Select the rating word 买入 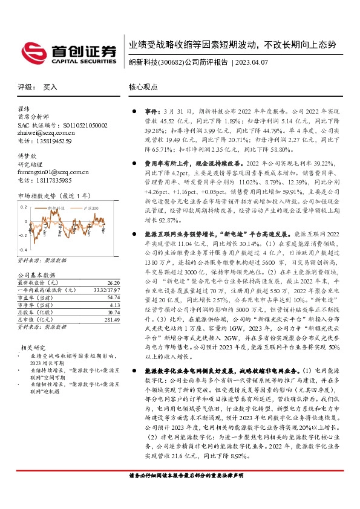[50, 87]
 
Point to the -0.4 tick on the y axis [22, 250]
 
